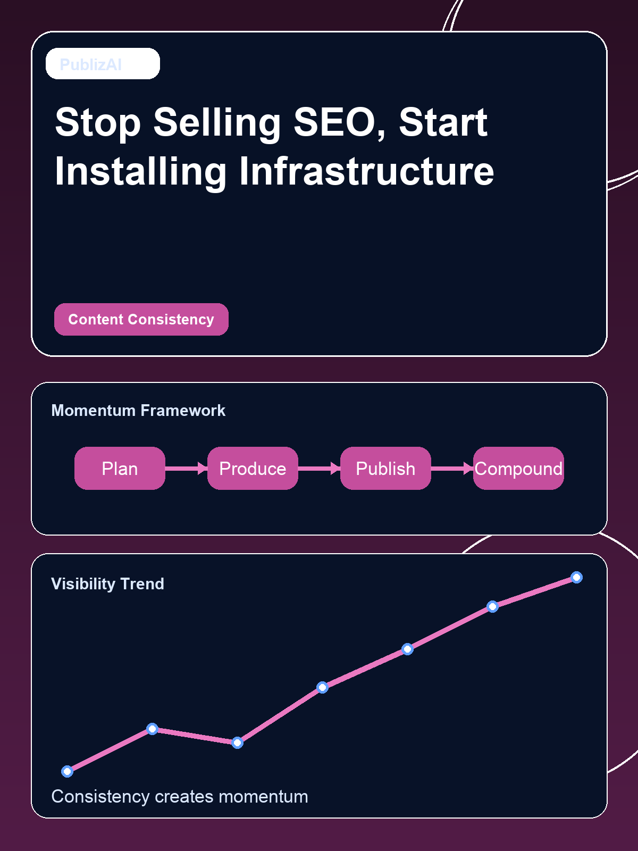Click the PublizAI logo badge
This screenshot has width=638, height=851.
pyautogui.click(x=103, y=64)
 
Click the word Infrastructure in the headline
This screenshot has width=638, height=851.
pyautogui.click(x=366, y=171)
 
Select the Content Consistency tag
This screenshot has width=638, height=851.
pyautogui.click(x=141, y=319)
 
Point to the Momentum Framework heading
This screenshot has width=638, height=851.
pyautogui.click(x=138, y=411)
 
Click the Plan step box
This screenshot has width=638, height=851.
pyautogui.click(x=120, y=468)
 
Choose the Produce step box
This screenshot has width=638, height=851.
pyautogui.click(x=253, y=468)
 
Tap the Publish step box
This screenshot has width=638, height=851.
pyautogui.click(x=385, y=468)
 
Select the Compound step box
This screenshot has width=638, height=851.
pyautogui.click(x=518, y=468)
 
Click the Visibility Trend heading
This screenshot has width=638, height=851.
pyautogui.click(x=107, y=583)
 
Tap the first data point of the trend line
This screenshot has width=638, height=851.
pyautogui.click(x=67, y=771)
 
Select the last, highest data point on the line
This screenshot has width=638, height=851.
pyautogui.click(x=576, y=577)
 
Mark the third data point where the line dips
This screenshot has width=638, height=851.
pyautogui.click(x=237, y=742)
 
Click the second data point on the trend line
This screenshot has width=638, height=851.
pyautogui.click(x=152, y=729)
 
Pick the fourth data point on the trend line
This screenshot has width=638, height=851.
pyautogui.click(x=322, y=687)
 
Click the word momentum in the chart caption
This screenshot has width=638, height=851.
pyautogui.click(x=263, y=797)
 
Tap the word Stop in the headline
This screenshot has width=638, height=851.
pyautogui.click(x=98, y=122)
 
